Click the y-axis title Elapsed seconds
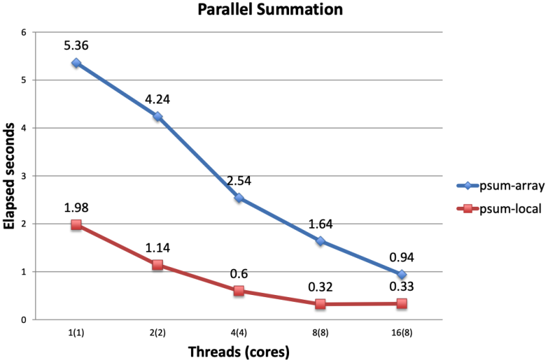(x=10, y=176)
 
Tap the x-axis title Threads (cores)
(x=238, y=352)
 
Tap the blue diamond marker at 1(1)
(x=76, y=63)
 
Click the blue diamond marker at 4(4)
(x=239, y=198)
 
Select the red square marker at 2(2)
(x=158, y=265)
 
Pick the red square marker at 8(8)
(x=321, y=304)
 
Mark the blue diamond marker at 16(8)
(x=401, y=274)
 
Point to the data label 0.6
(x=239, y=274)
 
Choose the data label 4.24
(x=158, y=100)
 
